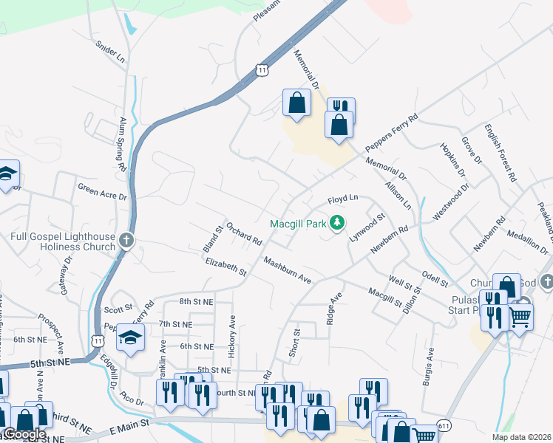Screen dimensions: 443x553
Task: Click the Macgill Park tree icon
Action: pyautogui.click(x=337, y=222)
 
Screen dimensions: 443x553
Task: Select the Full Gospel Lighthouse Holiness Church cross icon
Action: pyautogui.click(x=127, y=240)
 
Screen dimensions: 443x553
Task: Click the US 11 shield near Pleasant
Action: pyautogui.click(x=262, y=69)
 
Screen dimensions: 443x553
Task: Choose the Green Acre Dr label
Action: pyautogui.click(x=103, y=192)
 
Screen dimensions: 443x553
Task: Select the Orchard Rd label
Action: pyautogui.click(x=245, y=234)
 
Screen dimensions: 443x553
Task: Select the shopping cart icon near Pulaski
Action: pyautogui.click(x=520, y=316)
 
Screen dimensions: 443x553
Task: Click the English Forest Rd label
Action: pyautogui.click(x=500, y=153)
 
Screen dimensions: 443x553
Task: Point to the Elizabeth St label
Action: pyautogui.click(x=225, y=267)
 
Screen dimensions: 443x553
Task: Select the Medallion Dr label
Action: pyautogui.click(x=525, y=235)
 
